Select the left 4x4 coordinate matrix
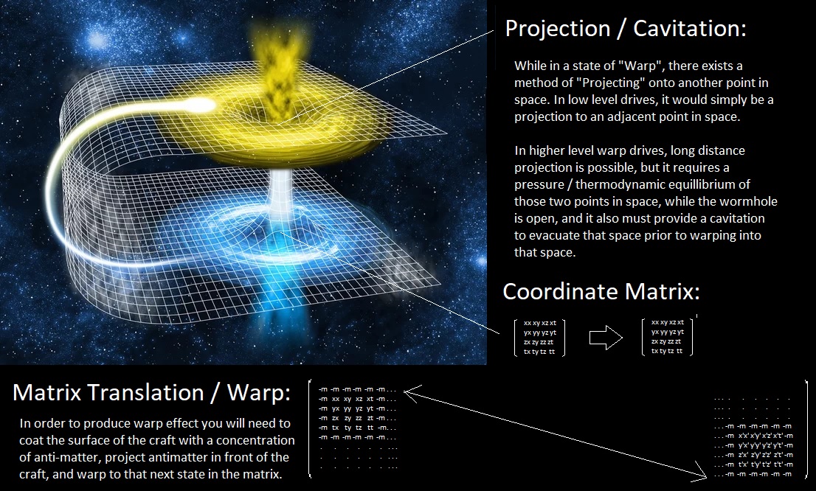(539, 337)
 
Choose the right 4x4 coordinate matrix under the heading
(667, 337)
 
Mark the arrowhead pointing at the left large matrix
(409, 393)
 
